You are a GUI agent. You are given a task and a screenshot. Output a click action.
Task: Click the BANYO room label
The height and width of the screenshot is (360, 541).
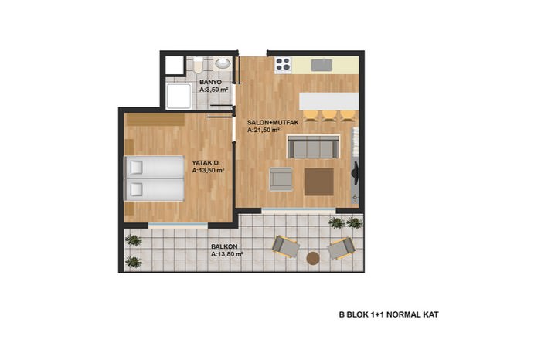point(210,83)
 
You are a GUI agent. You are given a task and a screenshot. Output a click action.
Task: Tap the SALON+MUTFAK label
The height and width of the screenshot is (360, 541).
point(273,122)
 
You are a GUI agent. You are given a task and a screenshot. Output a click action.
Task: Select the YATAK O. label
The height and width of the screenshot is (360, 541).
point(206,163)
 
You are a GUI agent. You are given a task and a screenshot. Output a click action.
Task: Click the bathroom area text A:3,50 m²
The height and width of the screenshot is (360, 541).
point(214,90)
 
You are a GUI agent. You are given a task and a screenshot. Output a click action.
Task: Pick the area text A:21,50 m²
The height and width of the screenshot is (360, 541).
point(263,130)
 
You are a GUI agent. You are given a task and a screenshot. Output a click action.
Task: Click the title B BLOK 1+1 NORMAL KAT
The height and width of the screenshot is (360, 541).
point(389,314)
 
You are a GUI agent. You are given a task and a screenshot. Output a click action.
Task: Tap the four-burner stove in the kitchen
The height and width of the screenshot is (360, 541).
point(283,65)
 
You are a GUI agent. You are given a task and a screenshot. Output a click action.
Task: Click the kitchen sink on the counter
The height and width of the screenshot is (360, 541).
point(322,65)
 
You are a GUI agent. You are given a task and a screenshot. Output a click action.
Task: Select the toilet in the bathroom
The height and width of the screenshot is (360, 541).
point(198,65)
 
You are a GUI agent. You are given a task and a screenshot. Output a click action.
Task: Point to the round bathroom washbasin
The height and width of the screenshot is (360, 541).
point(223,63)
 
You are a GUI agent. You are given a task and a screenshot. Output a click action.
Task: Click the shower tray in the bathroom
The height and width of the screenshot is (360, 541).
point(179,96)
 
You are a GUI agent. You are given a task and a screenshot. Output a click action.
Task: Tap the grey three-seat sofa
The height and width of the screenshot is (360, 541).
point(313,147)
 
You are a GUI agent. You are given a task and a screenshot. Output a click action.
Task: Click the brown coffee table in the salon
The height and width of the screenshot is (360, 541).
point(319,182)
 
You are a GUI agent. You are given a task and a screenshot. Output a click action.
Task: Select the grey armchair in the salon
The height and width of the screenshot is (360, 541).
point(281,179)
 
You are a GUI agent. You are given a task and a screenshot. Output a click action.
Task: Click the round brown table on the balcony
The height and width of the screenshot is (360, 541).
point(313,258)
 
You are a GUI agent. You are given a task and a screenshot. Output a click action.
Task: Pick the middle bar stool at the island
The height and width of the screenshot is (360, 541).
point(329,116)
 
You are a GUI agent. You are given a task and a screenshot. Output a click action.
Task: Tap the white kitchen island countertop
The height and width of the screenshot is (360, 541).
point(328,101)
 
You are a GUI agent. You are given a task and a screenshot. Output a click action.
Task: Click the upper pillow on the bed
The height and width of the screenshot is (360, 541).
point(136,167)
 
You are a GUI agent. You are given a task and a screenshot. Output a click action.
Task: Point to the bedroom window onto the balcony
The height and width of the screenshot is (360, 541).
point(178,226)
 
